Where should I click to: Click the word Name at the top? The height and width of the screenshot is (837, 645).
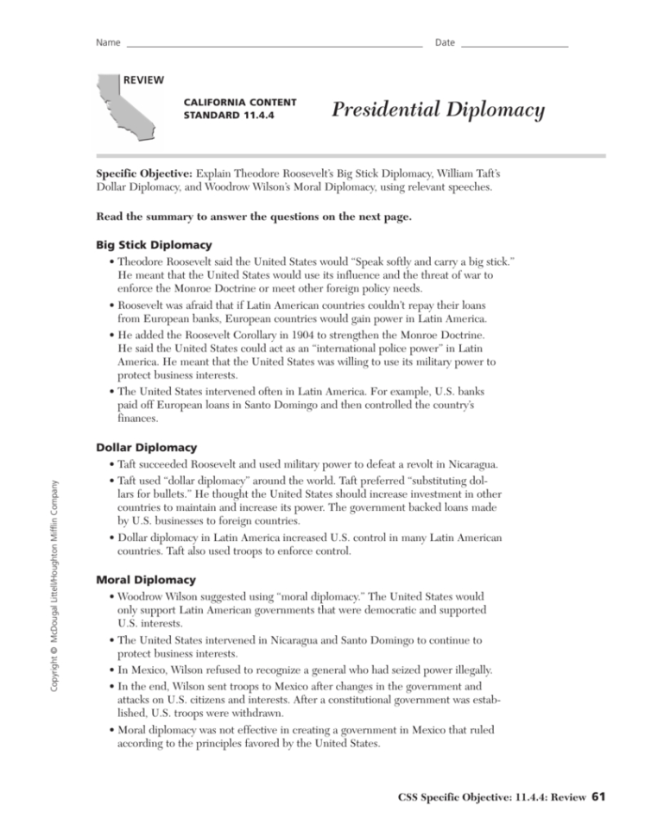click(x=108, y=43)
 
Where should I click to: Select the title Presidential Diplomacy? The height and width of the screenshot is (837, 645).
click(x=438, y=110)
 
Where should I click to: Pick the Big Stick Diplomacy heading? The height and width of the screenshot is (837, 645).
click(x=153, y=245)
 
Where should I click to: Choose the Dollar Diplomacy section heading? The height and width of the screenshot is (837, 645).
click(x=146, y=448)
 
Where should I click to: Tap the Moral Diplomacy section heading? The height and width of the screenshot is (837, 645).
click(x=145, y=580)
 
